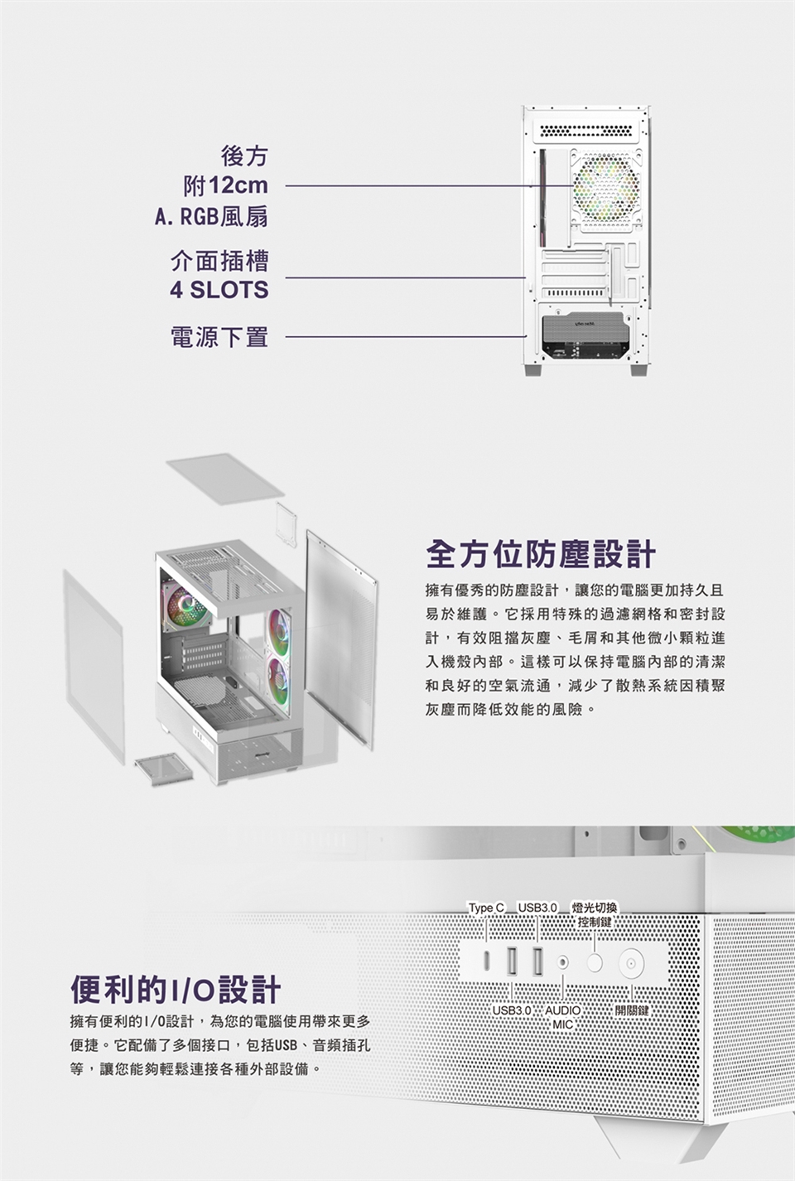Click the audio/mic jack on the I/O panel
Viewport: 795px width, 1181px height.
click(564, 962)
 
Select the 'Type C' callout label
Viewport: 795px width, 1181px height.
click(485, 909)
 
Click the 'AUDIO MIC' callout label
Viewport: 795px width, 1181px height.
click(562, 1018)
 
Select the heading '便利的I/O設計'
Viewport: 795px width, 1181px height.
click(176, 989)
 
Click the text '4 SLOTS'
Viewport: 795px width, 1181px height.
click(219, 291)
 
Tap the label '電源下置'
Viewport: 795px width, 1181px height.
click(219, 337)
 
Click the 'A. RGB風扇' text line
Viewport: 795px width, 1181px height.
click(211, 217)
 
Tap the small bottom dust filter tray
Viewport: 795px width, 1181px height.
click(163, 768)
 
